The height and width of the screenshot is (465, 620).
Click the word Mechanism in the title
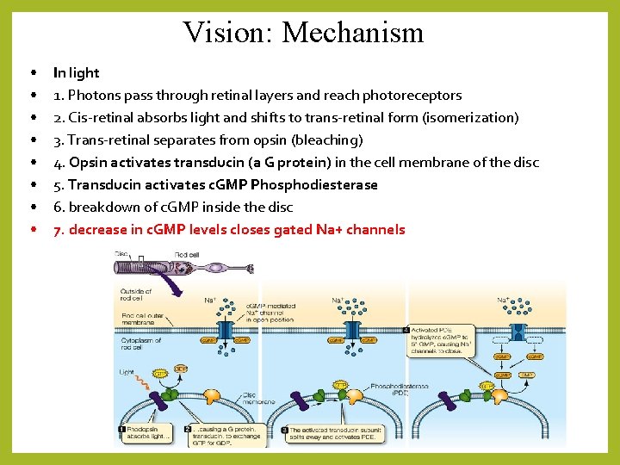[x=353, y=33]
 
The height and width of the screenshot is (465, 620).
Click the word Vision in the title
[x=225, y=33]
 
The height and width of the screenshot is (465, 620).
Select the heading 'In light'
[x=76, y=73]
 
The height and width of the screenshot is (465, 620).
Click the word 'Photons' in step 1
[x=97, y=96]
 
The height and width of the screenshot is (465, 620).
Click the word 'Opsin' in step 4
[x=88, y=163]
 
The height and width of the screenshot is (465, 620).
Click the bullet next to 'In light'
[x=32, y=73]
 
